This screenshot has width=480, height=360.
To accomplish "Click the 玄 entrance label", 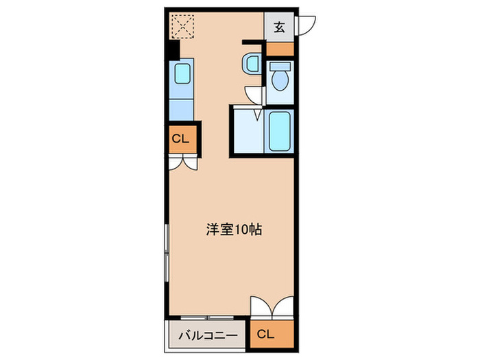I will point(280,27).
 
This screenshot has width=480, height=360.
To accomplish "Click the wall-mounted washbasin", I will point(250,64).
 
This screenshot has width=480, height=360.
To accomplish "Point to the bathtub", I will point(280,130).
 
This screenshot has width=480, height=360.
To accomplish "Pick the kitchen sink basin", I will point(183,73).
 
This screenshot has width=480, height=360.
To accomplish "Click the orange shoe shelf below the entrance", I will point(280,49).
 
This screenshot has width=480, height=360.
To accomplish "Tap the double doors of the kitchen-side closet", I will point(182,163).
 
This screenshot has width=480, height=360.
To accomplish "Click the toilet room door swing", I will point(255,95).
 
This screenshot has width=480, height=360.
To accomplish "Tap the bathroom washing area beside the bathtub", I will point(247,130).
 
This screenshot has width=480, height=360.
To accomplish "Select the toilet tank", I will point(280,67).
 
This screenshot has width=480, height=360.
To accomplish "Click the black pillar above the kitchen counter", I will point(173,50).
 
